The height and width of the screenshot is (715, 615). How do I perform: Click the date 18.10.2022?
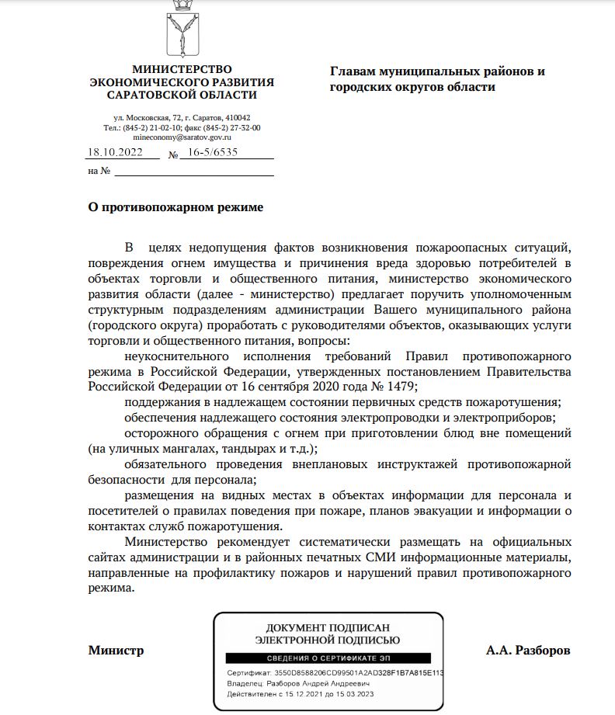[115, 153]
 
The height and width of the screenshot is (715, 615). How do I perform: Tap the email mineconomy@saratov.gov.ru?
[182, 137]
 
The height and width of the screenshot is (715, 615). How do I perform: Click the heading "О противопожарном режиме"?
[175, 207]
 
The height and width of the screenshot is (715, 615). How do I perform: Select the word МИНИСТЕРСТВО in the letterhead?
[182, 70]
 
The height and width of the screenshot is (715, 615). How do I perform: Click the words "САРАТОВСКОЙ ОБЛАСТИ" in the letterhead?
[182, 95]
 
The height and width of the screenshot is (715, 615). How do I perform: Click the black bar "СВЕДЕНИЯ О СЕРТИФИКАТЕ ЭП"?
[328, 658]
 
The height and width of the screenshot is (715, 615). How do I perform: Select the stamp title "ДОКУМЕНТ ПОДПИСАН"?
[328, 627]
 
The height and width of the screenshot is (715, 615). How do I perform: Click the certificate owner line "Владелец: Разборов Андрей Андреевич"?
[294, 684]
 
